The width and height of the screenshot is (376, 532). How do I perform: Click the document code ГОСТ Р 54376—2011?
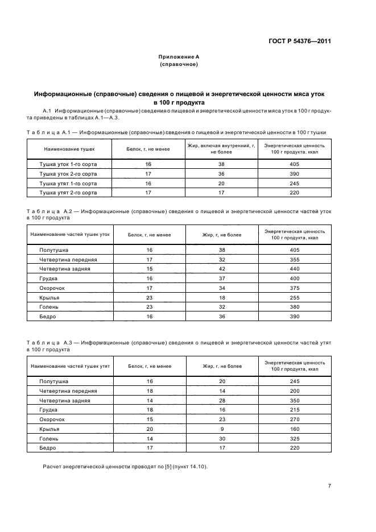coord(299,41)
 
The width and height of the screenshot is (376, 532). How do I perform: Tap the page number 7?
coord(329,486)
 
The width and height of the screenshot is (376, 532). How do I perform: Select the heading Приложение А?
coord(179,57)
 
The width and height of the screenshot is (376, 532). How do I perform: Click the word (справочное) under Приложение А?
coord(179,65)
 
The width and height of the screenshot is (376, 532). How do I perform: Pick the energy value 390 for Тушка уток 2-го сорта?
coord(294,173)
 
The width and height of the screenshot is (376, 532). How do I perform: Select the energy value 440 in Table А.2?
coord(294,268)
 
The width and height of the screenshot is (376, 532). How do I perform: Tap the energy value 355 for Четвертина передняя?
coord(294,259)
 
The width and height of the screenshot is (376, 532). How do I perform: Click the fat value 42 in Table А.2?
coord(221,268)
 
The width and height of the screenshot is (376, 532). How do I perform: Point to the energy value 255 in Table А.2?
coord(294,297)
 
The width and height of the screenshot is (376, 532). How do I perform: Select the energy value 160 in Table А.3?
coord(294,429)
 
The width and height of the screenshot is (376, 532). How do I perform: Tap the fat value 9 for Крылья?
coord(221,429)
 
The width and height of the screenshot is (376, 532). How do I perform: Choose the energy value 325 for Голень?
coord(294,439)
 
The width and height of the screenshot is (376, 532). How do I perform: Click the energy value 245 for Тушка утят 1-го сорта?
coord(294,184)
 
